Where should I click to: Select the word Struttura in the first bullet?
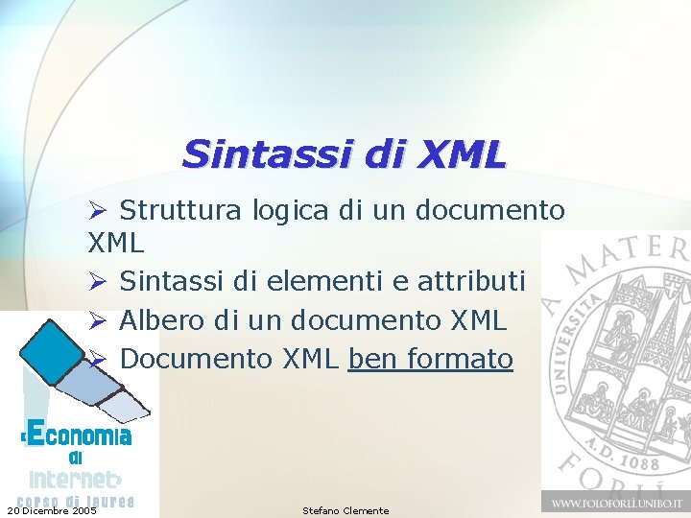tap(182, 210)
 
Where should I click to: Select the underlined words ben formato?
tap(431, 359)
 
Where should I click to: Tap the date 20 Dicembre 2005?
tap(51, 510)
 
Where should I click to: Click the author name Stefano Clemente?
tap(345, 510)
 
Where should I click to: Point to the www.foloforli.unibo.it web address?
tap(615, 502)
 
